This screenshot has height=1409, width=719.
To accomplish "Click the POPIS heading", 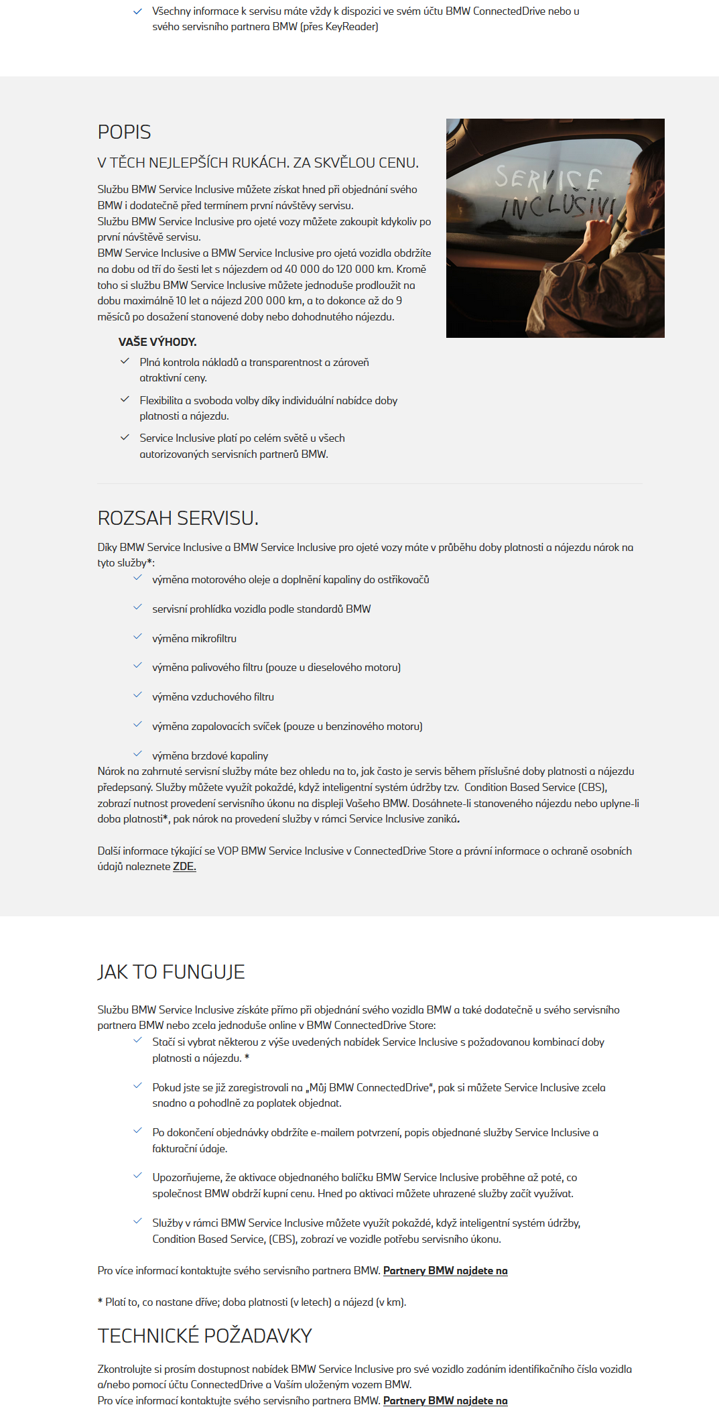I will coord(124,132).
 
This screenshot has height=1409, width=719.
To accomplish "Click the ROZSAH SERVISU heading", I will coord(178,518).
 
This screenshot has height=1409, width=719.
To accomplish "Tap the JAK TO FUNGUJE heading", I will coord(171,972).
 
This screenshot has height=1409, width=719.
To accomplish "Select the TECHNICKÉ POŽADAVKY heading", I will coord(204,1336).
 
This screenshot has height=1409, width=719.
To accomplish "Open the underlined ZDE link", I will coord(184,867).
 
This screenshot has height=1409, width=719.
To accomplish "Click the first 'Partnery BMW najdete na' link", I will coord(445,1271).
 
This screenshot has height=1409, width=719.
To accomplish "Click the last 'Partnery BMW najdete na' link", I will coord(445,1401).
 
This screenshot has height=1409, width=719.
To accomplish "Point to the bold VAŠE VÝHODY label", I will coord(157,342).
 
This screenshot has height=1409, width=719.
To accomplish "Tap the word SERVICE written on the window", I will coord(547,178).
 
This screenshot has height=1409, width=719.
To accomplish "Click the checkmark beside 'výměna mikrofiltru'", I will coord(137,637).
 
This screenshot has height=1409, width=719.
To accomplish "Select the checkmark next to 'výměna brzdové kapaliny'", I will coord(137,754).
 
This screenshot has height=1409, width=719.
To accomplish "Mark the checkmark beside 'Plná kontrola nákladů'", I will coord(125,361).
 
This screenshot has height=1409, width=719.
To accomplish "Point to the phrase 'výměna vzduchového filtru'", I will coord(213,697).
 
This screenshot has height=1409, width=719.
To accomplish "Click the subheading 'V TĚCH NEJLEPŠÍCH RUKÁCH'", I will coord(258,163).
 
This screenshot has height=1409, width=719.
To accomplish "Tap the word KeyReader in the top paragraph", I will coord(351,27).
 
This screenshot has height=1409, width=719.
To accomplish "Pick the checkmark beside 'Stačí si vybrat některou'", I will coord(137,1040).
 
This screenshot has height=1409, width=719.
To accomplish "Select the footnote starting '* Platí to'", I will coord(252,1302).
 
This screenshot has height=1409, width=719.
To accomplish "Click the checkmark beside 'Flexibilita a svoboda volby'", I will coord(125,400).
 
